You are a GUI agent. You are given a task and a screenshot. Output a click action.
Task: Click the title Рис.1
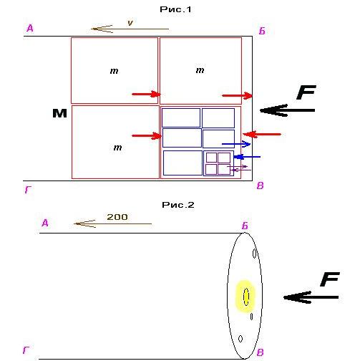tap(175, 9)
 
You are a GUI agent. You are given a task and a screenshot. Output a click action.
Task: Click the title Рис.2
tap(178, 205)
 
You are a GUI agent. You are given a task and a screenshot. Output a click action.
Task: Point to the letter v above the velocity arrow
tap(130, 23)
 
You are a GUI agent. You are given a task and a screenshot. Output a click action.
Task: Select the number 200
tap(117, 217)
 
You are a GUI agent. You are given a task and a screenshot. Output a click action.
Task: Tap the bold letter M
tap(59, 113)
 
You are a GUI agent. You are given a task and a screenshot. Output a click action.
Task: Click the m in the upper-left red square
tap(114, 71)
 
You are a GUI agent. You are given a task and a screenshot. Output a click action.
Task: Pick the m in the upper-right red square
tap(200, 70)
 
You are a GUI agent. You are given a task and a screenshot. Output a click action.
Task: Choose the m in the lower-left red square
tap(117, 148)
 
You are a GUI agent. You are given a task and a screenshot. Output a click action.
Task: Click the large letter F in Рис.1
tap(306, 92)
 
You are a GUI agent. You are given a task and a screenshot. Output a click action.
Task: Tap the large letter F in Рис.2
tap(330, 279)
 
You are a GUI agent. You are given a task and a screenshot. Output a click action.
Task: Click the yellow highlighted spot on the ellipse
tap(245, 297)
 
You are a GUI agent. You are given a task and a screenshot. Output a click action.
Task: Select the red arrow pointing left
tap(262, 134)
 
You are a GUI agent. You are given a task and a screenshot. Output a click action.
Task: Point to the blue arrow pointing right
tap(236, 144)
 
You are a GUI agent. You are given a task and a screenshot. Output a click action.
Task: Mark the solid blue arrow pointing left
tap(247, 157)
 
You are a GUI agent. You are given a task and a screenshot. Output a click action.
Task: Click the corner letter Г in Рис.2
tap(26, 350)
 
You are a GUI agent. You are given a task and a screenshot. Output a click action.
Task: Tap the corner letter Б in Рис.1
tap(262, 31)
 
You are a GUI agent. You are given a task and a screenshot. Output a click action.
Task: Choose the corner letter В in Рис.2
tap(261, 352)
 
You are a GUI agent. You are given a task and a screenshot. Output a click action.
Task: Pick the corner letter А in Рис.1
tap(30, 29)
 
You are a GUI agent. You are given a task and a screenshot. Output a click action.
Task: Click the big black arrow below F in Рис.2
tap(311, 297)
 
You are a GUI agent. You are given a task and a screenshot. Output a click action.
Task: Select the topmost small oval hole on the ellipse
tap(255, 254)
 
